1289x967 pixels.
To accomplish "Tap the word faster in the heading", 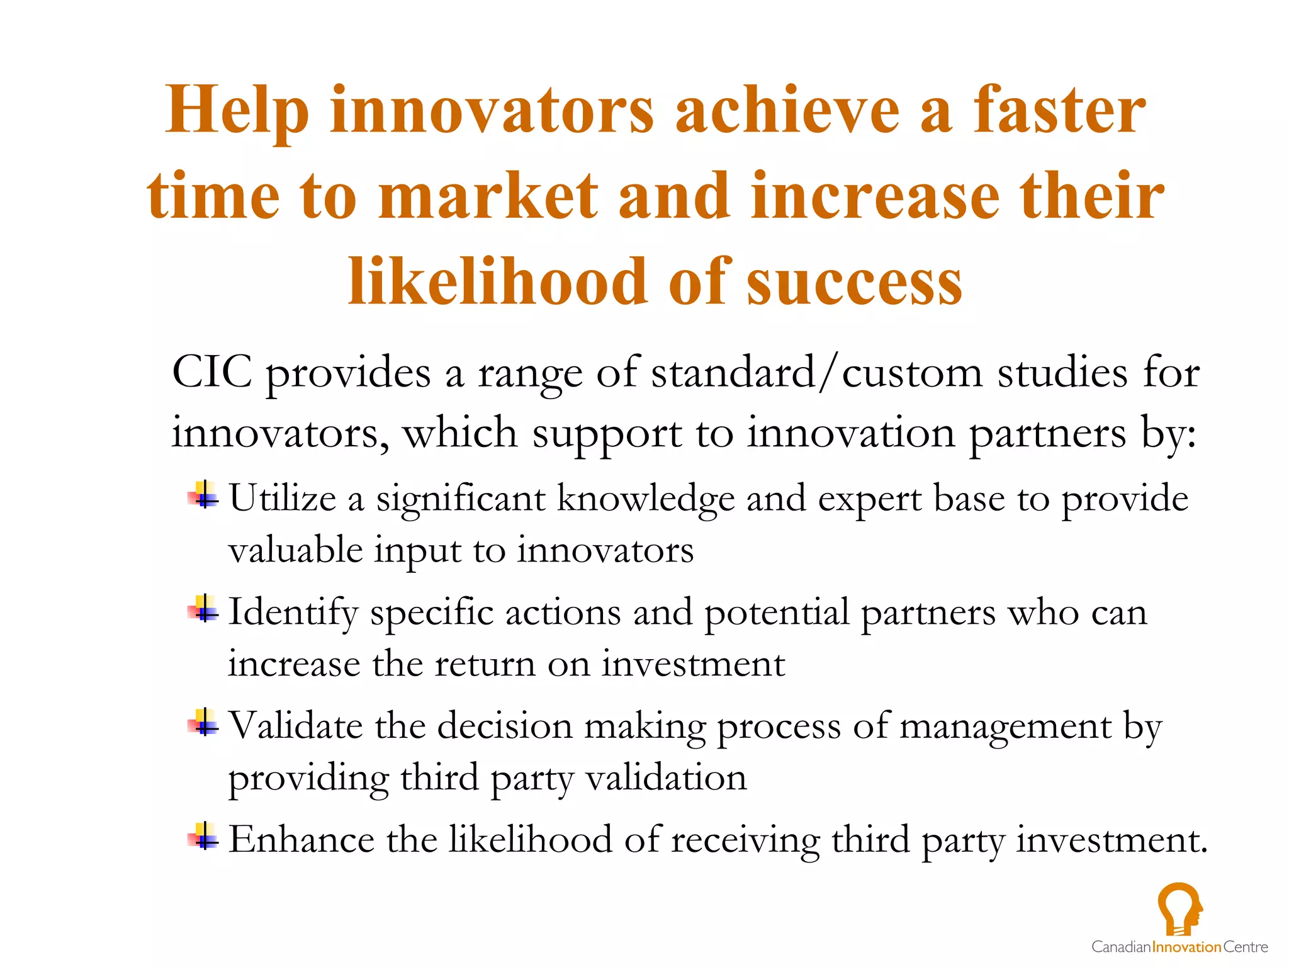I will click(x=1059, y=110).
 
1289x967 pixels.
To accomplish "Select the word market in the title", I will click(x=488, y=196).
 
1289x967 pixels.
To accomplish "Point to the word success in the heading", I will click(x=854, y=282).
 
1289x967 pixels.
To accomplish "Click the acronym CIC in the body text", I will click(x=212, y=372).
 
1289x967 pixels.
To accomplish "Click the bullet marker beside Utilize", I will click(x=203, y=495).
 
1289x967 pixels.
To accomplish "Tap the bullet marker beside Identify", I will click(x=203, y=609).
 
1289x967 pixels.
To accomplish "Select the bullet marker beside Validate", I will click(x=203, y=722).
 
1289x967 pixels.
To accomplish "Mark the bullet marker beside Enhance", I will click(x=203, y=836).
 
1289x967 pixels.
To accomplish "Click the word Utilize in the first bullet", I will click(x=283, y=499).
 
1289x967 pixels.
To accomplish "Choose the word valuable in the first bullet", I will click(x=295, y=550).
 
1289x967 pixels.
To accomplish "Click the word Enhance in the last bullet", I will click(x=301, y=840).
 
